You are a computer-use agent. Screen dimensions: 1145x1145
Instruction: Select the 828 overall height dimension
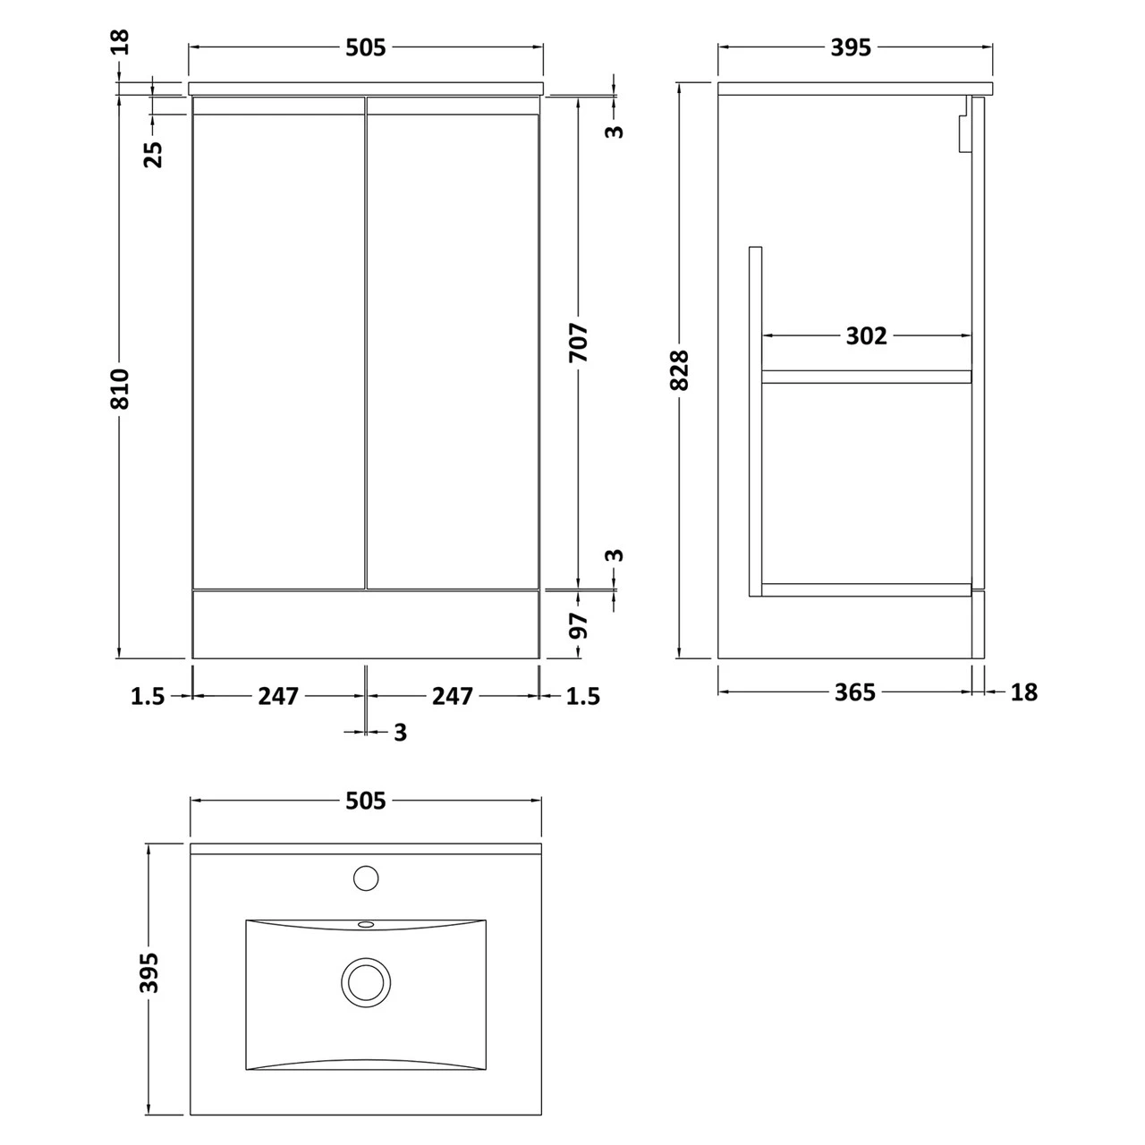[x=679, y=370]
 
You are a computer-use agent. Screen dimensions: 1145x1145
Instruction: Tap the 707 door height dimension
[x=579, y=342]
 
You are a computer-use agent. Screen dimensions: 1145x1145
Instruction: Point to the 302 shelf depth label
[x=867, y=335]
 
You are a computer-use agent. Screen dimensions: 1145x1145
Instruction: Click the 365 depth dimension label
[x=855, y=691]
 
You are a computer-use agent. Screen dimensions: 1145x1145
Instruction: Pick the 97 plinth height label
[x=580, y=625]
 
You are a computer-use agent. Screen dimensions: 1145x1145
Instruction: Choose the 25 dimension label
[x=154, y=154]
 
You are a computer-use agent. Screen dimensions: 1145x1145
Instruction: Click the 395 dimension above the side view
[x=851, y=47]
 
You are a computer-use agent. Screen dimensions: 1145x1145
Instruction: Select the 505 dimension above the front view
[x=366, y=47]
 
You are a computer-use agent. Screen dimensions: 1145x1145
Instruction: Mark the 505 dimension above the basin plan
[x=366, y=801]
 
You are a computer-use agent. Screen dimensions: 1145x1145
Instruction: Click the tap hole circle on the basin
[x=365, y=878]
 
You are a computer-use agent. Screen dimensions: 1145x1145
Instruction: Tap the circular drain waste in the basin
[x=365, y=981]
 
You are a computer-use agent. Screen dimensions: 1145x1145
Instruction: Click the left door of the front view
[x=279, y=349]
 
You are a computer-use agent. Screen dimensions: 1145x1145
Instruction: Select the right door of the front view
[x=453, y=349]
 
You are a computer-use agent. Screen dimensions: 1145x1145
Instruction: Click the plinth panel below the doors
[x=366, y=624]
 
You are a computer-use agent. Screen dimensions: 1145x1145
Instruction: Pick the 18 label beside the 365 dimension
[x=1024, y=691]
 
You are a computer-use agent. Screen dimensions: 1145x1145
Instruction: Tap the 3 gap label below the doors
[x=400, y=733]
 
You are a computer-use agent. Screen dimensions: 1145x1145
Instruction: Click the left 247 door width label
[x=278, y=695]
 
